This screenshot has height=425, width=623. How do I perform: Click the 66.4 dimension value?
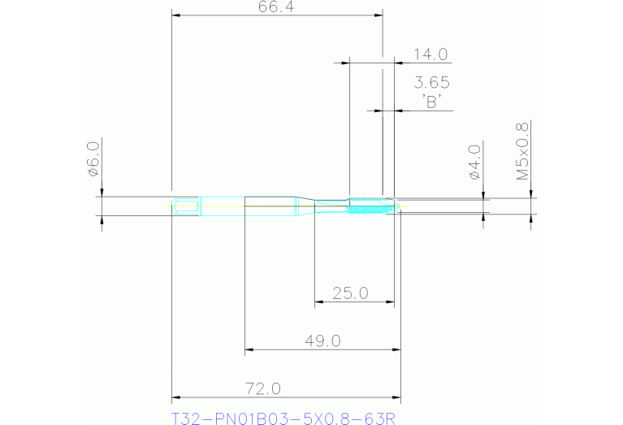(x=275, y=7)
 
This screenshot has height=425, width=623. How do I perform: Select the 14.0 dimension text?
(x=430, y=55)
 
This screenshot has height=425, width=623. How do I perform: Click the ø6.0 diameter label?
(x=92, y=158)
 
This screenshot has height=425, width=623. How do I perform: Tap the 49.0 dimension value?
(x=322, y=340)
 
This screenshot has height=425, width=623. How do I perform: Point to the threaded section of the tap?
(x=370, y=206)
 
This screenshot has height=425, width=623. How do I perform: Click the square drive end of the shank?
(x=187, y=206)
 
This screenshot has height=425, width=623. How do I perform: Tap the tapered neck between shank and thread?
(x=305, y=206)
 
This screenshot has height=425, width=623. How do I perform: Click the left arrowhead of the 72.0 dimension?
(x=176, y=398)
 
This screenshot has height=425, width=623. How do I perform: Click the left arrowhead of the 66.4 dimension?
(x=176, y=15)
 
